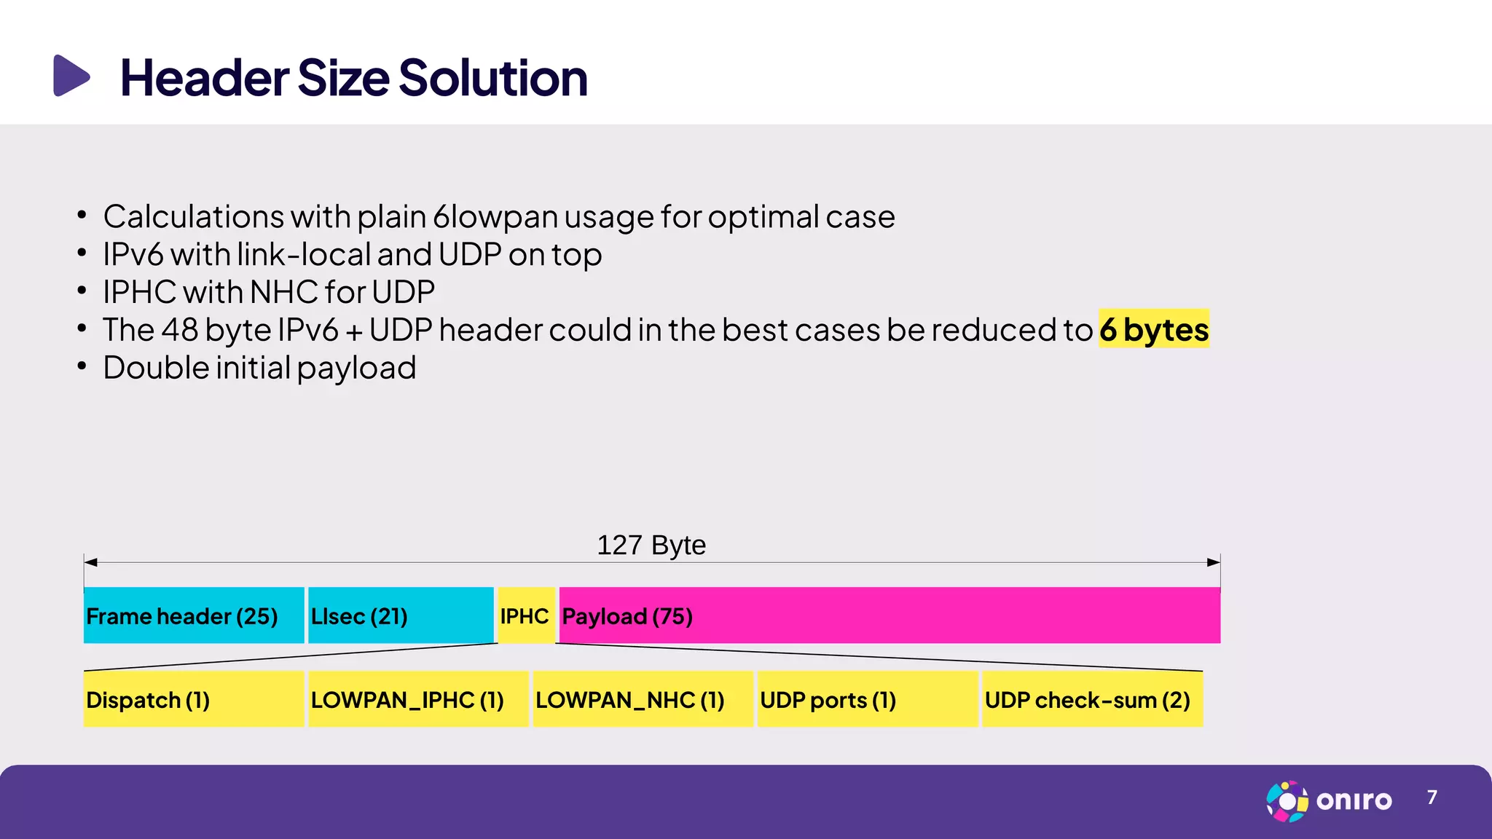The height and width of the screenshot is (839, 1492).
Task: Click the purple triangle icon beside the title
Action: (x=71, y=76)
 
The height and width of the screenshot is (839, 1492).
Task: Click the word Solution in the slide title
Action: (x=492, y=78)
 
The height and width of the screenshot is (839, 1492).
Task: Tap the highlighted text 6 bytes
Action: (x=1153, y=329)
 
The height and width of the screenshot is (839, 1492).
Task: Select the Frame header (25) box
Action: (x=193, y=615)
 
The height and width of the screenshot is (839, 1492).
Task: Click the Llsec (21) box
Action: (x=400, y=615)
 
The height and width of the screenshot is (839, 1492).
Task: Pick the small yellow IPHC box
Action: (x=525, y=615)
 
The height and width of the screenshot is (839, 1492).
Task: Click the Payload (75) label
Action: (x=627, y=617)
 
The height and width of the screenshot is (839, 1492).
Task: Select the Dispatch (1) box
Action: (x=193, y=699)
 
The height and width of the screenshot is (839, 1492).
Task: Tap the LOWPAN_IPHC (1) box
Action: (x=417, y=699)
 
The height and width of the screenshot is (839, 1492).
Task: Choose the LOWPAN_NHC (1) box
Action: (x=642, y=699)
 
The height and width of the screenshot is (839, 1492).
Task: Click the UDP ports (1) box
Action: (x=867, y=699)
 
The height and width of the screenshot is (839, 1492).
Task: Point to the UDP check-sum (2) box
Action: (x=1091, y=699)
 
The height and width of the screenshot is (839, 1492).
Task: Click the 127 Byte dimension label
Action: (x=651, y=545)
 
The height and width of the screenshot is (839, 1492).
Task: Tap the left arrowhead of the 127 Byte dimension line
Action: (x=90, y=562)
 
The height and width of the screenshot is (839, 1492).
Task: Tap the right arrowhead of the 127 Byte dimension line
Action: (x=1214, y=562)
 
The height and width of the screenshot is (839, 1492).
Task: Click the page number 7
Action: (x=1432, y=797)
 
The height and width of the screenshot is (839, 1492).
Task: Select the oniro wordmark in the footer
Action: (x=1354, y=800)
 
